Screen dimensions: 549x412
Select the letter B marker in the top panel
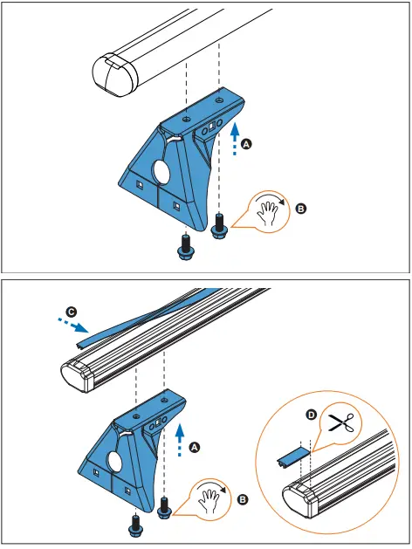(301, 209)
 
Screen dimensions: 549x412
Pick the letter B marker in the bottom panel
(242, 501)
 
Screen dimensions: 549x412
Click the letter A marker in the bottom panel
(195, 446)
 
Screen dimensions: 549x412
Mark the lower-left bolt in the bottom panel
(136, 525)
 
